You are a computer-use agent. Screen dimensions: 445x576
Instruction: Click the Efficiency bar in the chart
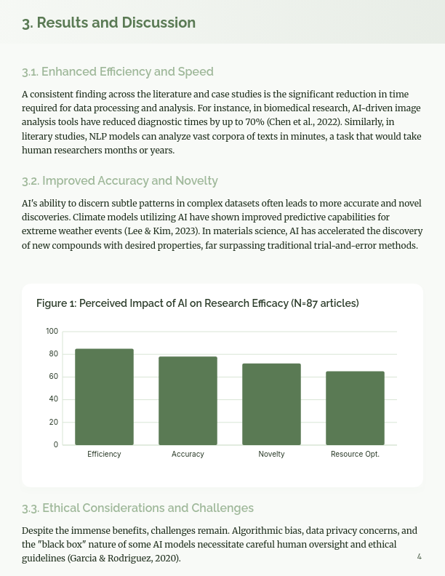coord(104,397)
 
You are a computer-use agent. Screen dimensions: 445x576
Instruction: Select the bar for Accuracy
coord(188,401)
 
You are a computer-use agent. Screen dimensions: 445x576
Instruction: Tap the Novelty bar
coord(271,404)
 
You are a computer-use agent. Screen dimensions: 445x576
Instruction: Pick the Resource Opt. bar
coord(355,408)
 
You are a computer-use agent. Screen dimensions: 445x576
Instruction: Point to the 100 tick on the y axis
coord(52,332)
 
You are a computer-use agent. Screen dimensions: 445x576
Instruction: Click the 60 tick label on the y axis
coord(53,377)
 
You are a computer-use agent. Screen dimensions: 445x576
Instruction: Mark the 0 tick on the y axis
coord(56,445)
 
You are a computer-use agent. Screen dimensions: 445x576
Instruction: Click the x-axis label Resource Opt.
coord(355,455)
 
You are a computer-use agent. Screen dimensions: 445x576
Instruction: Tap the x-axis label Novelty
coord(271,455)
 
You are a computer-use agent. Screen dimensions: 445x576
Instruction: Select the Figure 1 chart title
coord(198,303)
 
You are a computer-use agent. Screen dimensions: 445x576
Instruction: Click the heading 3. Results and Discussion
coord(108,23)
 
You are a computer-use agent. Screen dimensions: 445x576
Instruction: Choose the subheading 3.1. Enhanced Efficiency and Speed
coord(118,71)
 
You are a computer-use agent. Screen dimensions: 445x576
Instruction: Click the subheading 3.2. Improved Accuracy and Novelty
coord(120,180)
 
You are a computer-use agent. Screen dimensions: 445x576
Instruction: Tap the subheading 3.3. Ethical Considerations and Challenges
coord(137,508)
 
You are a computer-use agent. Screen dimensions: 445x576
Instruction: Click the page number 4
coord(419,556)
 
